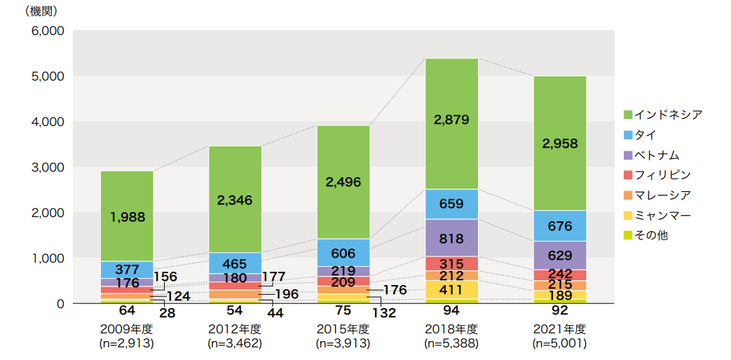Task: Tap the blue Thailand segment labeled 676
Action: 559,226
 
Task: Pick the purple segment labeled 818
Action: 451,238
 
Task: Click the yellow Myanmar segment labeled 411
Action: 451,289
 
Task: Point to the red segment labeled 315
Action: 451,263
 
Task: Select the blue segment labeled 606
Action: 343,253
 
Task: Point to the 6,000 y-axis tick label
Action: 48,31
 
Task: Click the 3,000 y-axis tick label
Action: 48,167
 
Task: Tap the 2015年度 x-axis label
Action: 343,329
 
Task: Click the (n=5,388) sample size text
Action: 451,343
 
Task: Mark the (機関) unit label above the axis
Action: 41,11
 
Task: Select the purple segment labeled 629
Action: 559,256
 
